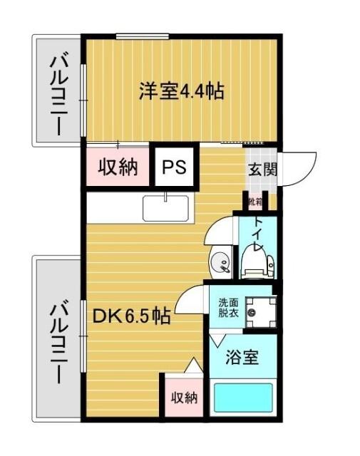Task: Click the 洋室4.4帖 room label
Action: (x=182, y=91)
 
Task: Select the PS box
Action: (x=173, y=168)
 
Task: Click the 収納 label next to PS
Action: (x=117, y=168)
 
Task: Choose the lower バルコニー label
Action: (x=58, y=342)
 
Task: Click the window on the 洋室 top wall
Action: (x=138, y=37)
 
